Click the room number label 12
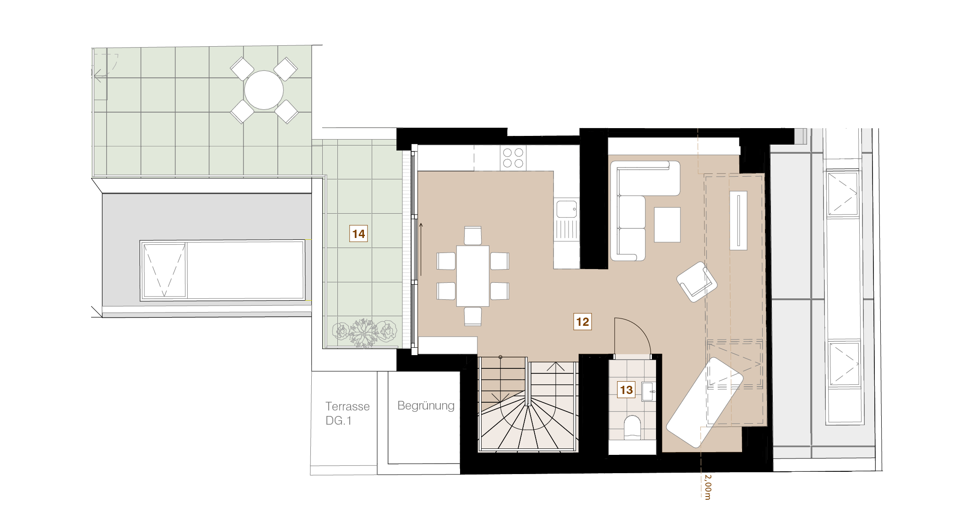pos(582,322)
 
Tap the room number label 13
pos(626,390)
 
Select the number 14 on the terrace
pos(358,234)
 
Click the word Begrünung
pos(426,406)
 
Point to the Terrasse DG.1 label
pos(347,413)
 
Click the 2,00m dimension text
pos(708,487)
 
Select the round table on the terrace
pos(264,90)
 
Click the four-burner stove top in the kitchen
pos(513,158)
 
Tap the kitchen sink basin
pos(566,210)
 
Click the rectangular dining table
pos(473,276)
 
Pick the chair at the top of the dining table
pos(473,235)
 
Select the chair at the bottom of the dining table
pos(473,316)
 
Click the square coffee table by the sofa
pos(667,225)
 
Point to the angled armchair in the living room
pos(697,282)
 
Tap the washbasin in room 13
pos(649,392)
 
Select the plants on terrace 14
pos(364,332)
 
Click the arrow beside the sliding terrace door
pos(421,250)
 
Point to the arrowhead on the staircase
pos(555,367)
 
